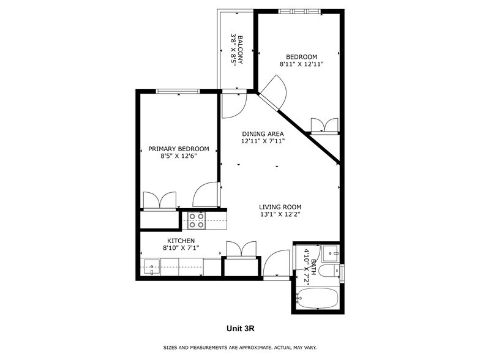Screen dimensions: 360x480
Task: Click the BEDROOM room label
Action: click(301, 56)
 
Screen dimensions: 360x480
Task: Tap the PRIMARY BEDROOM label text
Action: click(179, 149)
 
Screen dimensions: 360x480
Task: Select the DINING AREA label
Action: click(263, 133)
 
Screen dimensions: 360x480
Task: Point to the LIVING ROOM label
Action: click(280, 207)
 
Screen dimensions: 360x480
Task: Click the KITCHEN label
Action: click(181, 241)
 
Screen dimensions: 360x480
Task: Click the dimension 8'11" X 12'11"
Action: click(301, 64)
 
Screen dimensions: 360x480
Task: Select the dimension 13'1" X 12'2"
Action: click(280, 214)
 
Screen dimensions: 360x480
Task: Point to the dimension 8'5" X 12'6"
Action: click(179, 156)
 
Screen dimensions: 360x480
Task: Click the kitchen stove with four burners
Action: click(196, 220)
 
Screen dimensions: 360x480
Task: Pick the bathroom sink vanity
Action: click(331, 252)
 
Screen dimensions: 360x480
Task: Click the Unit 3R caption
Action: click(240, 329)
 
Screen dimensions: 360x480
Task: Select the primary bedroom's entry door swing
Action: click(205, 195)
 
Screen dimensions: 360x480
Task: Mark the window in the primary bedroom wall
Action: click(178, 91)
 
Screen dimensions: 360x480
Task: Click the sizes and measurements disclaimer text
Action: click(240, 348)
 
